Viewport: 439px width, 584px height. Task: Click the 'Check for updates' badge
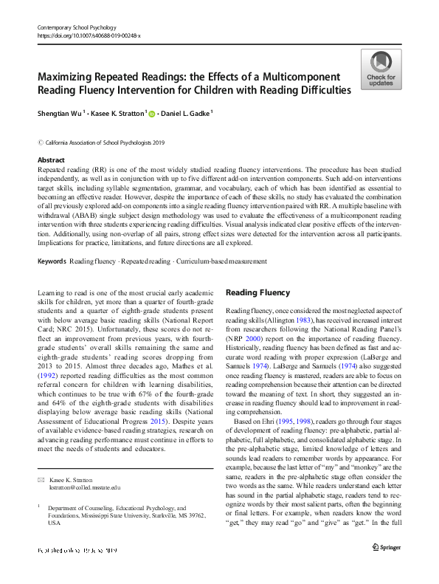point(380,70)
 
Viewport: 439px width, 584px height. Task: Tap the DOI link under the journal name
point(88,35)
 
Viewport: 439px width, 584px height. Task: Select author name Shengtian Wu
point(61,114)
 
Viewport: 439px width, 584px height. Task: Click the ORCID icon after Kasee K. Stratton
point(152,114)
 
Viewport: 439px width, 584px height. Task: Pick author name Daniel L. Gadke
point(187,114)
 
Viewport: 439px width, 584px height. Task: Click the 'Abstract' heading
point(52,159)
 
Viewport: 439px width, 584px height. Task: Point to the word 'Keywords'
point(52,261)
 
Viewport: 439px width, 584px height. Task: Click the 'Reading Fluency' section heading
point(257,292)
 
